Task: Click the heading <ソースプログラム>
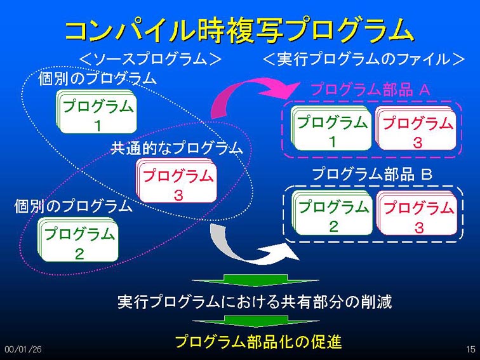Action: (150, 59)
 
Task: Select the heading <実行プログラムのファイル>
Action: (364, 59)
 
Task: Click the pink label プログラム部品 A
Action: (371, 90)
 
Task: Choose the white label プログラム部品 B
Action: (372, 174)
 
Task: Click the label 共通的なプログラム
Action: (177, 148)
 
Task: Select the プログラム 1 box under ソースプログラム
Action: (96, 112)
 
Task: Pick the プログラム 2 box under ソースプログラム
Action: (78, 240)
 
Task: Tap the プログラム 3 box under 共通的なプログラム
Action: (177, 180)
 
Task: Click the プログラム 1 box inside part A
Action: (331, 128)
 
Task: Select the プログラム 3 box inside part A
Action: (417, 128)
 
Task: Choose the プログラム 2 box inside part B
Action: (333, 213)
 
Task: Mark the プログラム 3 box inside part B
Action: (417, 213)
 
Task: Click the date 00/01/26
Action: (23, 349)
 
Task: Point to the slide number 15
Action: (470, 349)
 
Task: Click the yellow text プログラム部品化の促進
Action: (258, 342)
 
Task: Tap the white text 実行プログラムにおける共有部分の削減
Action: (255, 302)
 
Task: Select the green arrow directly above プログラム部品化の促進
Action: (256, 321)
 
